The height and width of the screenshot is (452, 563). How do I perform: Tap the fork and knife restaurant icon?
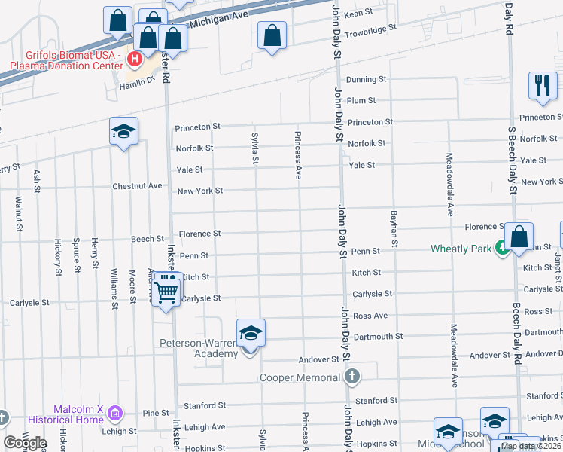542,85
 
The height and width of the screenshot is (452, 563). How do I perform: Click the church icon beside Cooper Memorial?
351,377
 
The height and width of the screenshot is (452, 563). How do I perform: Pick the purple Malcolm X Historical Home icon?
114,413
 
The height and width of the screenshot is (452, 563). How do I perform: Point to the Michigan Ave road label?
218,17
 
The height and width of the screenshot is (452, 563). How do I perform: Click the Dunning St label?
366,79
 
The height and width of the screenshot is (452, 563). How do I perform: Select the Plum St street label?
361,100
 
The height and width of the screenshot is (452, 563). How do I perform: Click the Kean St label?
358,13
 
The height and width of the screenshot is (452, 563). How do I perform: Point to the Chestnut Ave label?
137,185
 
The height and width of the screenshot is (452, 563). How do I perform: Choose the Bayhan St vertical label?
394,230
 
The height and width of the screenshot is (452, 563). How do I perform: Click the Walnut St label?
18,210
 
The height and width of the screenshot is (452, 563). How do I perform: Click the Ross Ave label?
370,316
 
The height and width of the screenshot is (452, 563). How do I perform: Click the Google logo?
25,443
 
